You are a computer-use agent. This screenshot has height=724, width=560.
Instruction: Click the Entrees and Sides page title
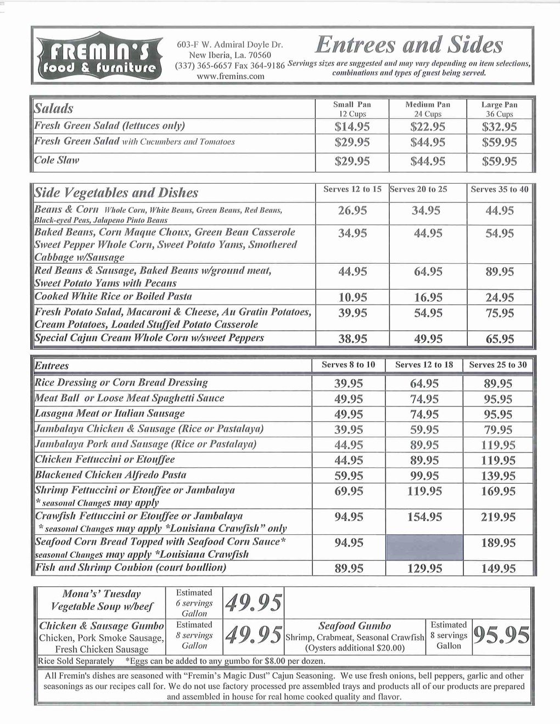pos(411,45)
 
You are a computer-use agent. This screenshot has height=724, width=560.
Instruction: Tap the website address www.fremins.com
pos(231,77)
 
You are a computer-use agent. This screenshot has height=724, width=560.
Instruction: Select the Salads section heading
pos(54,108)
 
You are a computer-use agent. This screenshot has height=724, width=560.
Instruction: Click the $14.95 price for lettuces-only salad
pos(352,127)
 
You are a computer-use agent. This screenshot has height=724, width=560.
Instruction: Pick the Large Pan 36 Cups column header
pos(499,109)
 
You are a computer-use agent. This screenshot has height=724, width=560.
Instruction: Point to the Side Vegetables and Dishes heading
pos(116,193)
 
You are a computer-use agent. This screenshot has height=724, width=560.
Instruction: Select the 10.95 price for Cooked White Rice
pos(352,298)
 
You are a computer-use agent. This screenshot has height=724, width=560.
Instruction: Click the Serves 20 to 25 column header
pos(419,189)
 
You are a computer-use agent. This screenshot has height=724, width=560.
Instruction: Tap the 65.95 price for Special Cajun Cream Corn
pos(500,339)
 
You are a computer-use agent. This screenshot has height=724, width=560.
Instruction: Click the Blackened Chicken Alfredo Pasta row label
pos(110,474)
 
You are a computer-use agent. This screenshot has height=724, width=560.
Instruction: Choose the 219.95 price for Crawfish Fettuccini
pos(498,517)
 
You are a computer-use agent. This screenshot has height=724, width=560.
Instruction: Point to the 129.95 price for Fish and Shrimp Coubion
pos(425,569)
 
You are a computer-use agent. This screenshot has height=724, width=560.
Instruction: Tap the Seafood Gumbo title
pos(355,626)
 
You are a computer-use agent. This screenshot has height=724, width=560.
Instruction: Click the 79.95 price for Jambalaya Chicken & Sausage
pos(498,429)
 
